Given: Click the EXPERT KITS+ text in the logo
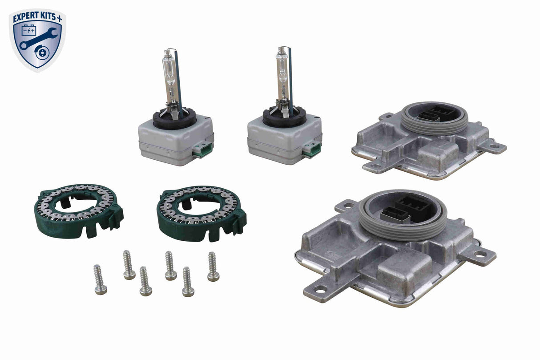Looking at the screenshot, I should click(x=37, y=18).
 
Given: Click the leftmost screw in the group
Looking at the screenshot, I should click(x=100, y=280).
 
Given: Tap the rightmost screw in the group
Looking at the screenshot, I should click(x=213, y=267).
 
